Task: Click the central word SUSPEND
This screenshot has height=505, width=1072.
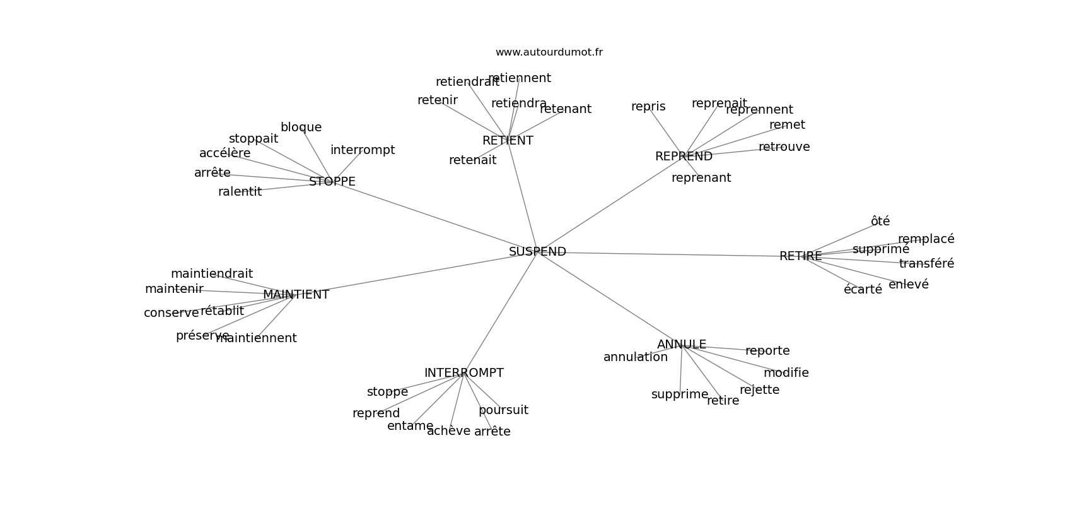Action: click(x=537, y=251)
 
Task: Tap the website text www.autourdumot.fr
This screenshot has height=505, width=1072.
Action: click(x=549, y=52)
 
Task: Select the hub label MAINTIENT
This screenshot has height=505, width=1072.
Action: click(x=296, y=294)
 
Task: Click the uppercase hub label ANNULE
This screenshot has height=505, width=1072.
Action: click(x=681, y=344)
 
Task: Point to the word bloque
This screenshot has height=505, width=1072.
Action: click(x=301, y=127)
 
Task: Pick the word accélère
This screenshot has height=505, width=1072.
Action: click(x=224, y=153)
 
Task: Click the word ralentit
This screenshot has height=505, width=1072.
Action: click(x=240, y=191)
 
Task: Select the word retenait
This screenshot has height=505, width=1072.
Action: click(x=472, y=160)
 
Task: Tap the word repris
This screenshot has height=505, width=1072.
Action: click(x=648, y=106)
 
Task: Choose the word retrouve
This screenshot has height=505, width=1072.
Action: click(x=784, y=146)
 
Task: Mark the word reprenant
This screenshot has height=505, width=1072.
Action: click(x=701, y=177)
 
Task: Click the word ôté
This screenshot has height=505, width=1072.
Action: click(x=880, y=221)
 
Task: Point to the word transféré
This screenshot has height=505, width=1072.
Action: click(x=926, y=263)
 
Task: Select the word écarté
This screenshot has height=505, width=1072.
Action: click(x=863, y=290)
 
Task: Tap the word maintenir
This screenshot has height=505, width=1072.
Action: click(x=174, y=288)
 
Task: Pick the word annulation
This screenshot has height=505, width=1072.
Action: click(x=635, y=357)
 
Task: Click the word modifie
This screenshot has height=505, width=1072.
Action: click(x=786, y=372)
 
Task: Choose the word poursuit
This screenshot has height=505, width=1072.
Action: click(x=503, y=410)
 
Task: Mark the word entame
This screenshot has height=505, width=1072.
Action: click(x=410, y=425)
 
